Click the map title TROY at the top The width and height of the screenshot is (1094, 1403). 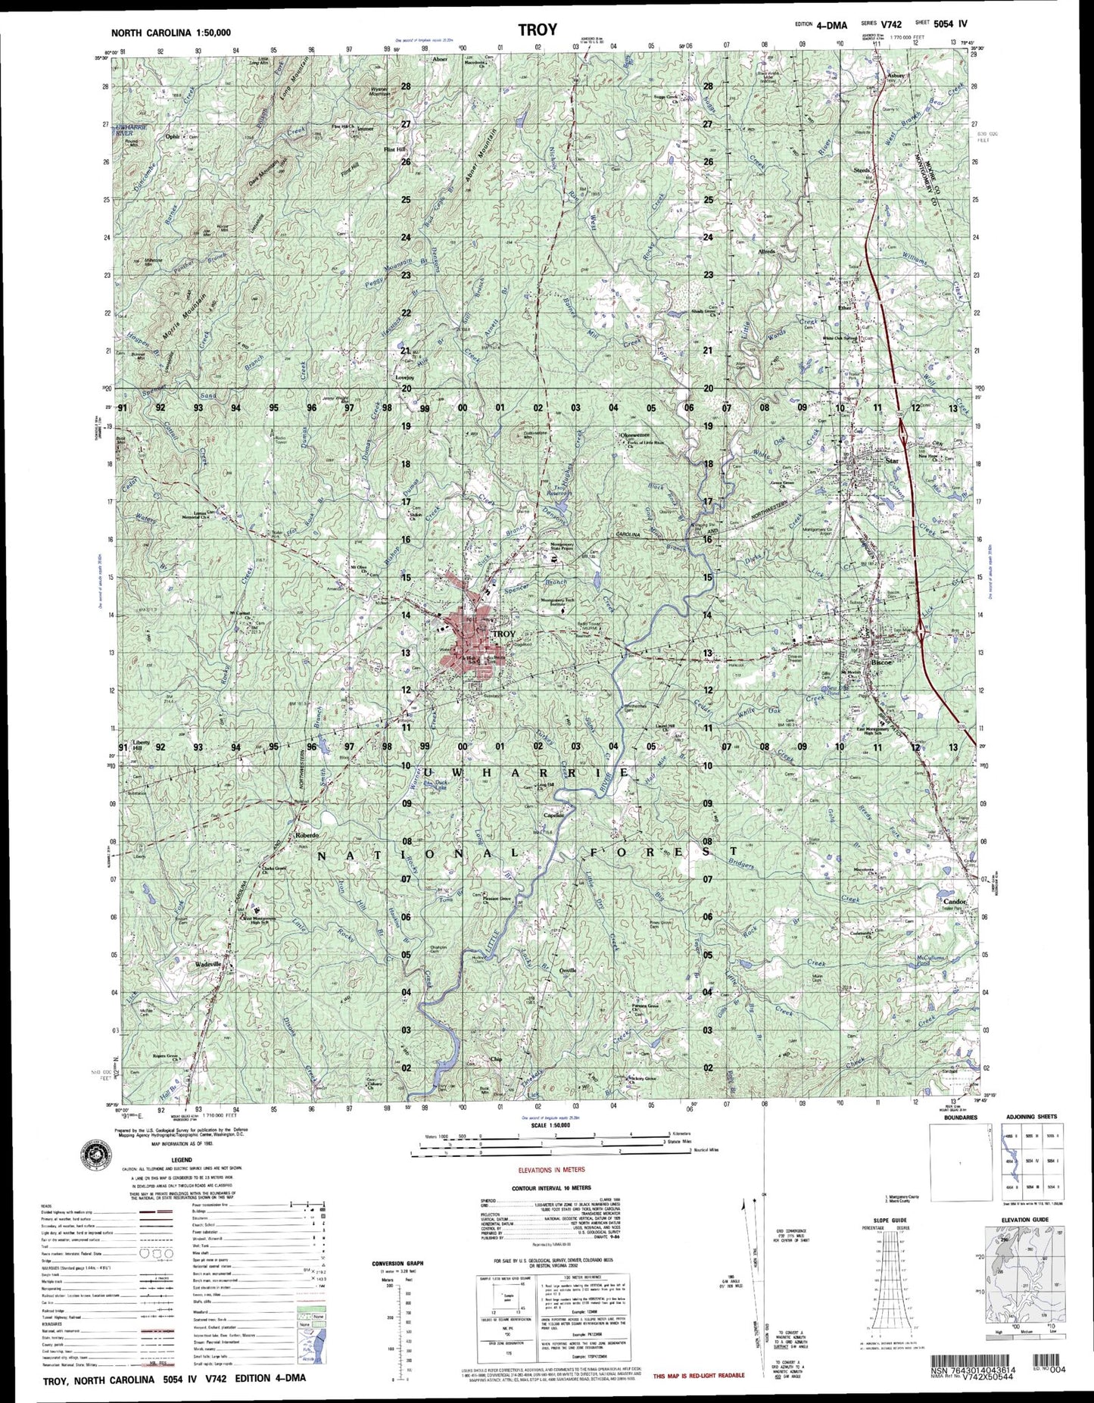pyautogui.click(x=538, y=30)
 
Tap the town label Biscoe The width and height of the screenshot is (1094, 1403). pyautogui.click(x=882, y=662)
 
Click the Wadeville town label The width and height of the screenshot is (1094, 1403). pyautogui.click(x=207, y=965)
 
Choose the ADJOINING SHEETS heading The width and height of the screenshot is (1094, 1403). pyautogui.click(x=1030, y=1117)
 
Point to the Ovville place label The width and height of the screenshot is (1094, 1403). pyautogui.click(x=568, y=971)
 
